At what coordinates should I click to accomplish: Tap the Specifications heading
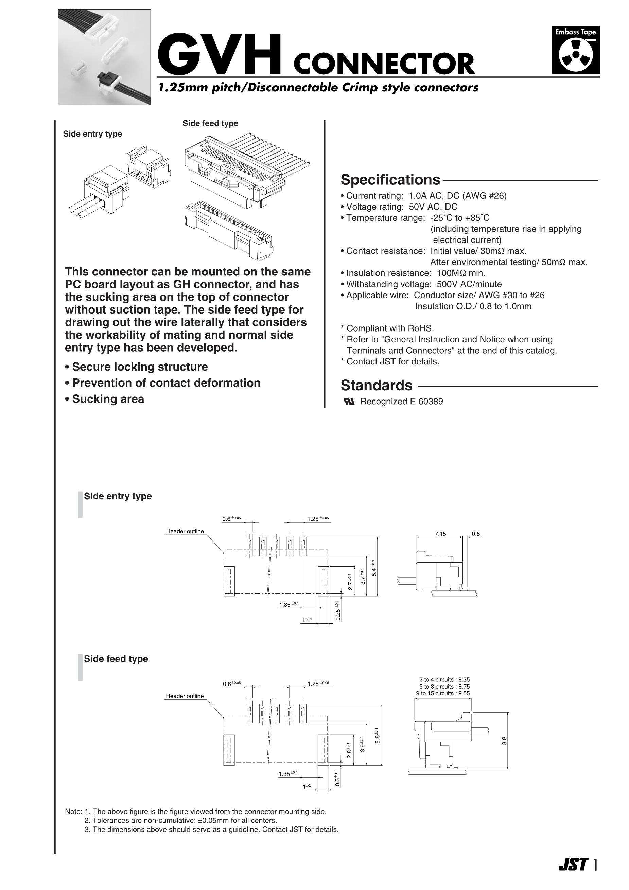[x=390, y=180]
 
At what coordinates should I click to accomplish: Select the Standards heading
[x=376, y=385]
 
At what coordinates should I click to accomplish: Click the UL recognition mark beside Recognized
[x=349, y=402]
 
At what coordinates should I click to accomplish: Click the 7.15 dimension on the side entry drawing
[x=440, y=534]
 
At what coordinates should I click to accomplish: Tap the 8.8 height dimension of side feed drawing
[x=505, y=741]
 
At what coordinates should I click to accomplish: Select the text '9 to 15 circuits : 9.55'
[x=442, y=693]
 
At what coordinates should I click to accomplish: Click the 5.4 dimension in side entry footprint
[x=374, y=571]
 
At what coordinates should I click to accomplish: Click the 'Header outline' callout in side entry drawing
[x=185, y=531]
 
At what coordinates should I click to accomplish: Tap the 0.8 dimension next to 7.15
[x=476, y=534]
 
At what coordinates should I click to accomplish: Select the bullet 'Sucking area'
[x=108, y=399]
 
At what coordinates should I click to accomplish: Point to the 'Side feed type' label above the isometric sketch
[x=210, y=123]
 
